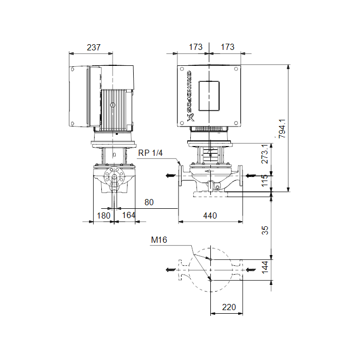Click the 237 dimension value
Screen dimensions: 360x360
94,47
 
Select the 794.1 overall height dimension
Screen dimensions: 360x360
282,129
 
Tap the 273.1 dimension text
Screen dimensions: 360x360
265,154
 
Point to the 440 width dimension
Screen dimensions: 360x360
210,215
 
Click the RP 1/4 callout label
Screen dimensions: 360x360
150,153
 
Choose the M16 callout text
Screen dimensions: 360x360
159,240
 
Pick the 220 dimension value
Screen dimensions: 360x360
229,307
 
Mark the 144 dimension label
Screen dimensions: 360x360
265,267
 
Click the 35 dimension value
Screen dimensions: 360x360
265,230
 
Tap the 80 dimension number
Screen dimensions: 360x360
149,202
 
